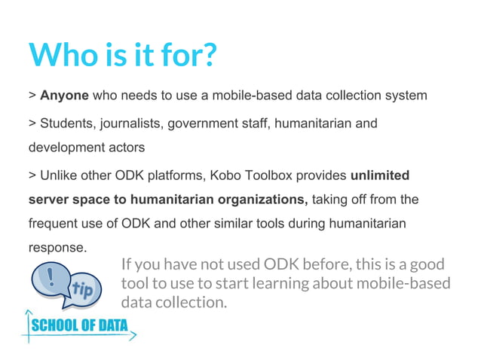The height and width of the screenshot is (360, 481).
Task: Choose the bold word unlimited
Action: pos(380,175)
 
